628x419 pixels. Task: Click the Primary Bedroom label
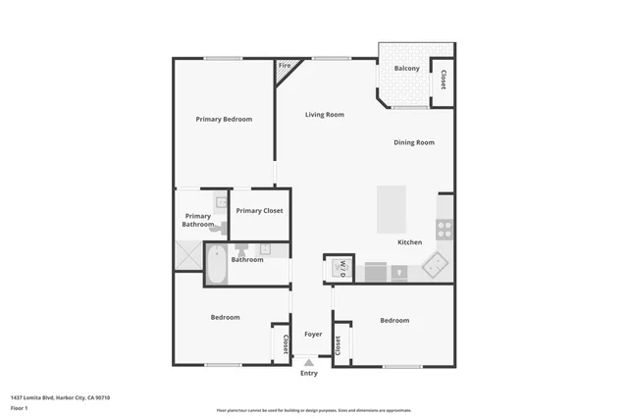pyautogui.click(x=224, y=120)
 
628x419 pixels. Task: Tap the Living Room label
pyautogui.click(x=324, y=115)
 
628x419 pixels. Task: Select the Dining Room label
pyautogui.click(x=414, y=143)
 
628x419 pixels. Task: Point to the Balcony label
pyautogui.click(x=407, y=69)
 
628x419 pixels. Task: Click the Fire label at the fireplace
pyautogui.click(x=285, y=66)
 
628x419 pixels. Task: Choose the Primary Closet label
pyautogui.click(x=259, y=211)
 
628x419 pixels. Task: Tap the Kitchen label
pyautogui.click(x=409, y=242)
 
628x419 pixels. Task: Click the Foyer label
pyautogui.click(x=313, y=335)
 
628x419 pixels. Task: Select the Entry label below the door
pyautogui.click(x=309, y=373)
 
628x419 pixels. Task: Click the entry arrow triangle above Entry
pyautogui.click(x=309, y=362)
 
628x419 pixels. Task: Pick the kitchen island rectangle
pyautogui.click(x=392, y=208)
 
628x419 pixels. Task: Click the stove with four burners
pyautogui.click(x=444, y=230)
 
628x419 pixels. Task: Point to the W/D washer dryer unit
pyautogui.click(x=340, y=266)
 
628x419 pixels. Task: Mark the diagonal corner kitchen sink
pyautogui.click(x=435, y=264)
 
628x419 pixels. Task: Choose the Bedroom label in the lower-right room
pyautogui.click(x=394, y=321)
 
